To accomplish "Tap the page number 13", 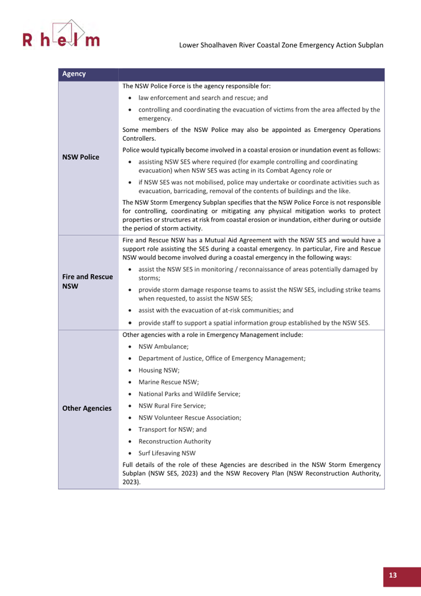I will [x=392, y=575].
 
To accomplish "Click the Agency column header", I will [x=74, y=74].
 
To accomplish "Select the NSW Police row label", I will [x=81, y=157].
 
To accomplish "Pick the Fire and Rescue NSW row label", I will [x=87, y=281].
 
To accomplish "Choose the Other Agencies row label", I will [x=87, y=408].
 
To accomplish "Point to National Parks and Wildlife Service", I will [x=189, y=394].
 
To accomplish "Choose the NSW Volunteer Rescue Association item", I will [x=190, y=418].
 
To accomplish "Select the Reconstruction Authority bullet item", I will [x=174, y=441].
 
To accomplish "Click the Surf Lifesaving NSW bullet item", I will [x=167, y=453].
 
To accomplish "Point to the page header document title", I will [x=281, y=45].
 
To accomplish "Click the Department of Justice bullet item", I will [x=222, y=358].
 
